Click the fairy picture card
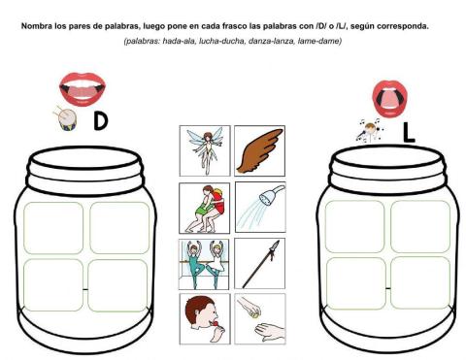[204, 150]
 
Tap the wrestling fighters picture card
[204, 206]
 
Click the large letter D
[100, 122]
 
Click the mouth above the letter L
[391, 98]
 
